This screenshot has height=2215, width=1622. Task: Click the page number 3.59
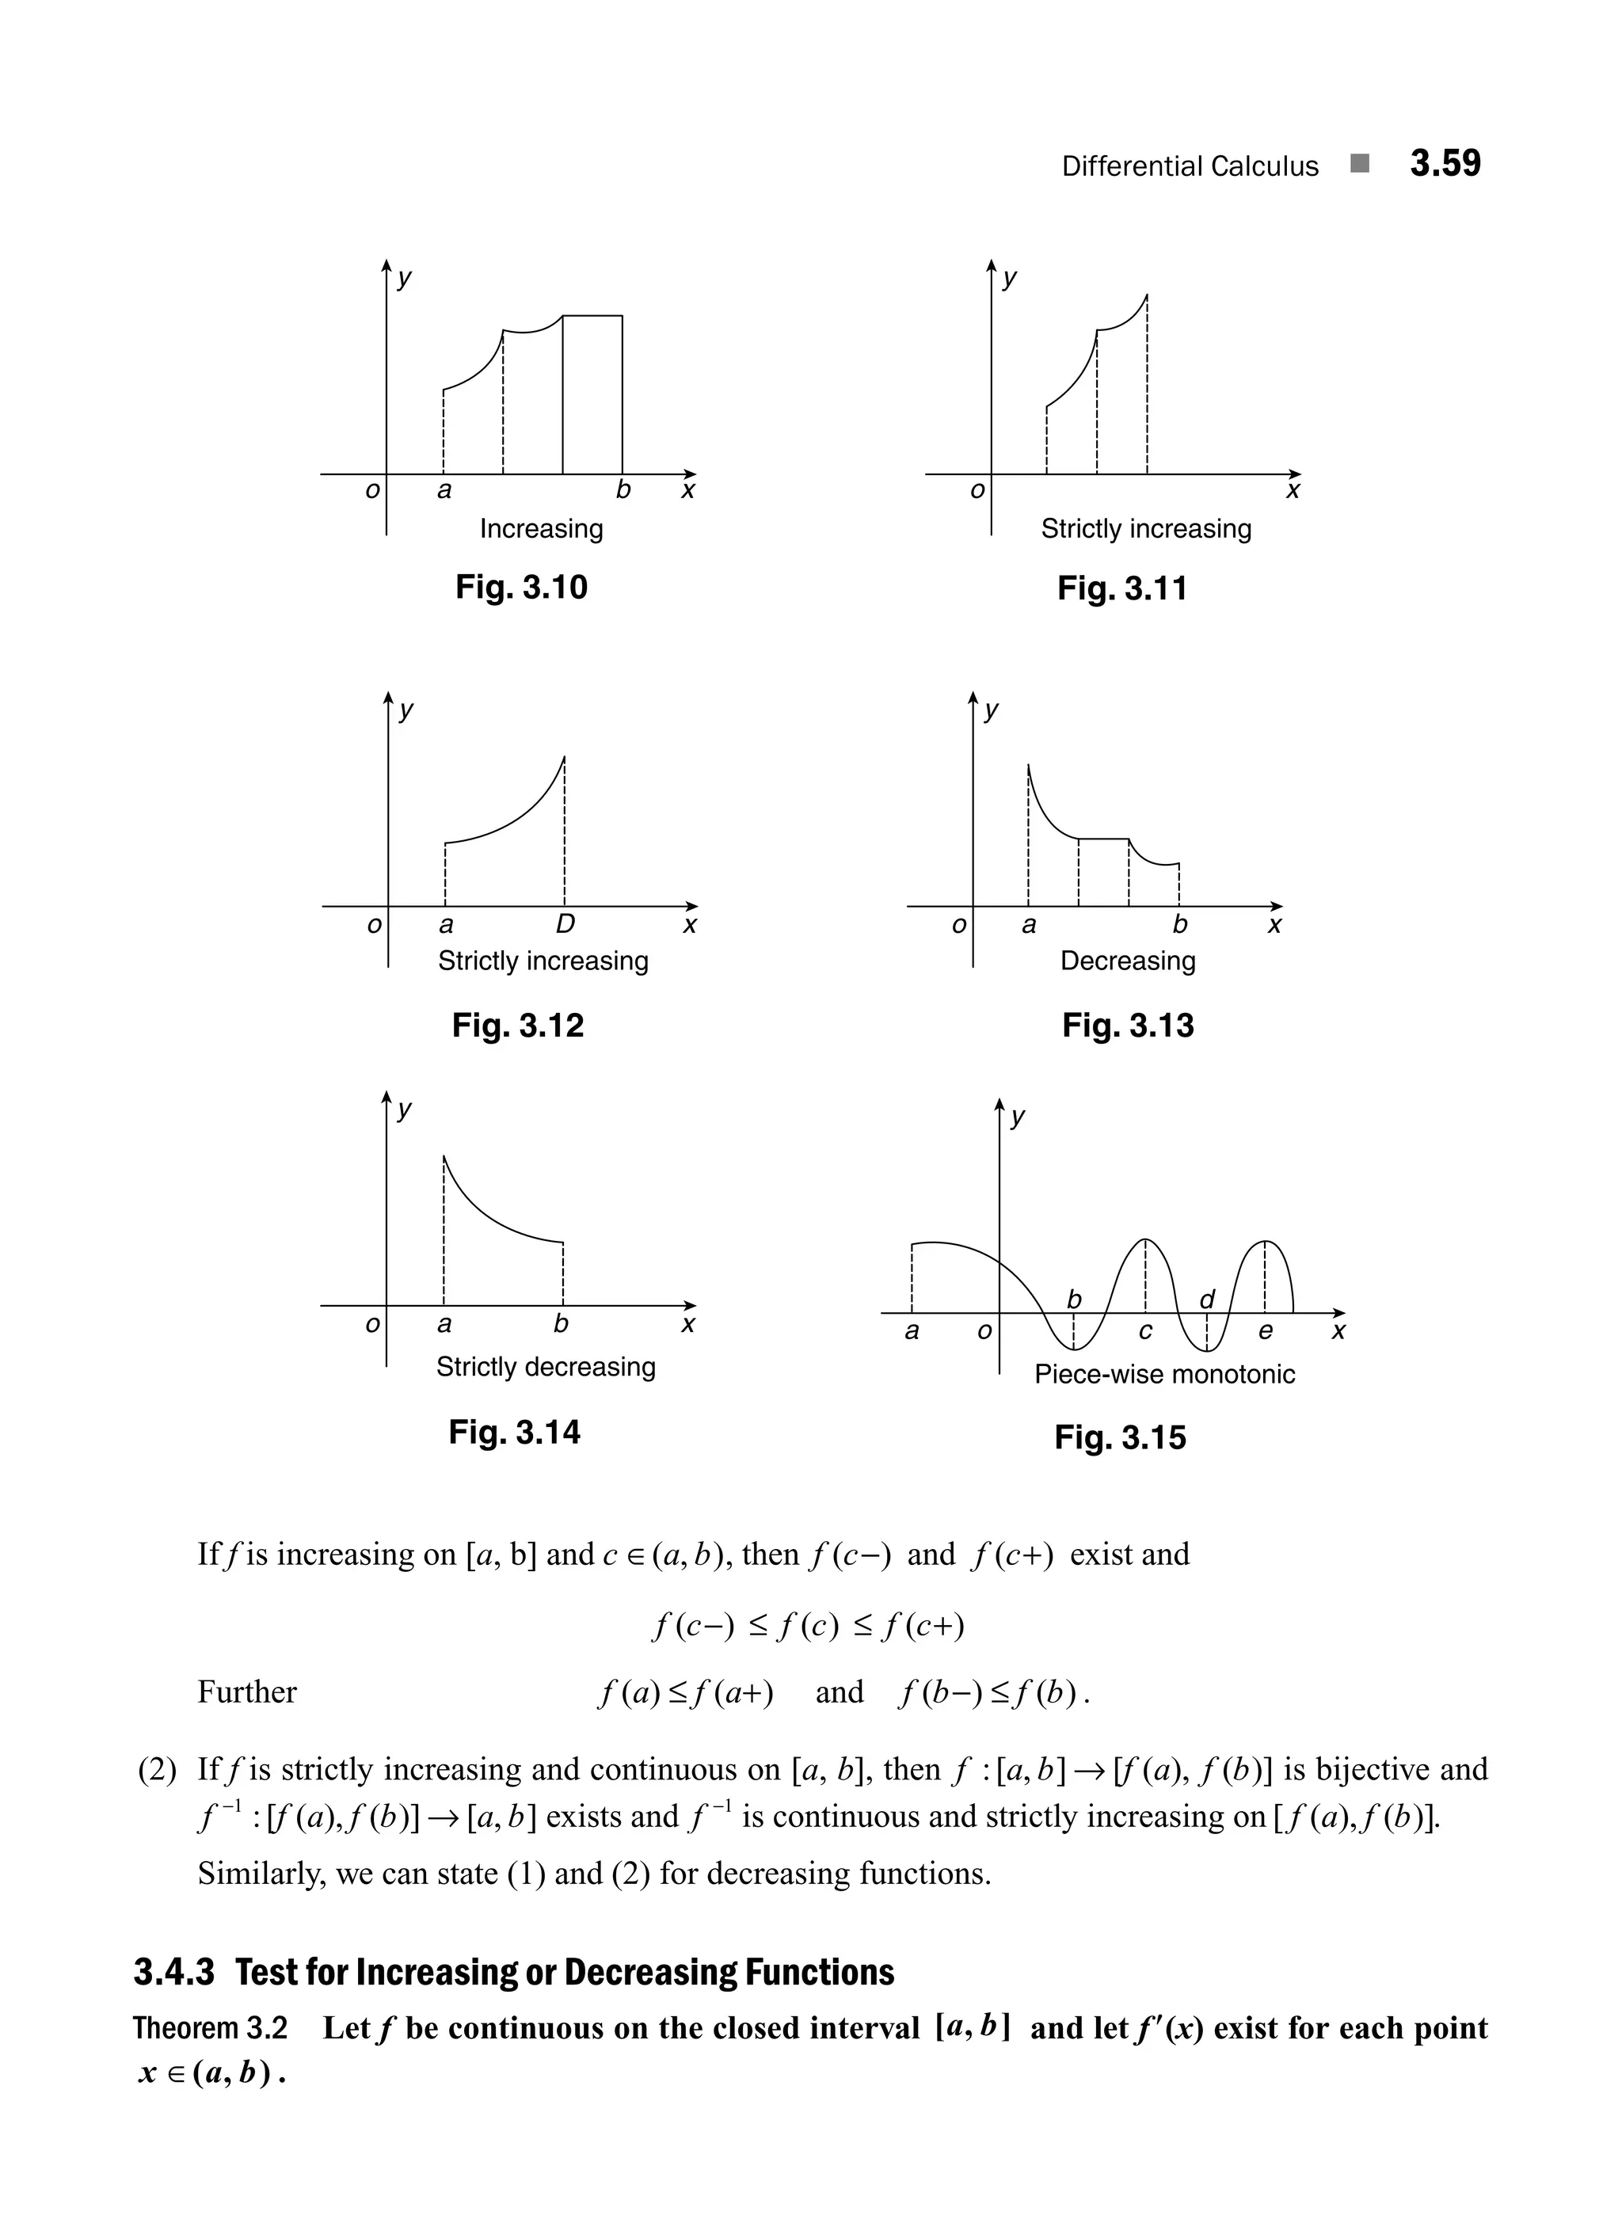pyautogui.click(x=1445, y=163)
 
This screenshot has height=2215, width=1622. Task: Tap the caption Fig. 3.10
pyautogui.click(x=520, y=587)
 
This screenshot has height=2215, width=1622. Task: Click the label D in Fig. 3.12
pyautogui.click(x=565, y=924)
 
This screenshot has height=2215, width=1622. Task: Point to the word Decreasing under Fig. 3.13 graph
pyautogui.click(x=1127, y=961)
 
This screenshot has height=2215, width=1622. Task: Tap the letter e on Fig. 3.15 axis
pyautogui.click(x=1265, y=1330)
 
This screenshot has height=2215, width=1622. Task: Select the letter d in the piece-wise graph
pyautogui.click(x=1207, y=1299)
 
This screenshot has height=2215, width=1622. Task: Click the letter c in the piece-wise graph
pyautogui.click(x=1145, y=1330)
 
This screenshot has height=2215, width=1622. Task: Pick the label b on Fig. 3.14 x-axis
pyautogui.click(x=561, y=1323)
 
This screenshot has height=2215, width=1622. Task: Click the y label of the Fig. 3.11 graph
pyautogui.click(x=1009, y=278)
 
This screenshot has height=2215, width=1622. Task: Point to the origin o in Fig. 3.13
pyautogui.click(x=958, y=924)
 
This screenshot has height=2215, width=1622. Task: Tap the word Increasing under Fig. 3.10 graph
pyautogui.click(x=541, y=528)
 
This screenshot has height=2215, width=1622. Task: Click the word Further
pyautogui.click(x=246, y=1692)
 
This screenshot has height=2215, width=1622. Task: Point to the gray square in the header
pyautogui.click(x=1359, y=163)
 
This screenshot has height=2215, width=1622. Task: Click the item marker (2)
pyautogui.click(x=157, y=1770)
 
